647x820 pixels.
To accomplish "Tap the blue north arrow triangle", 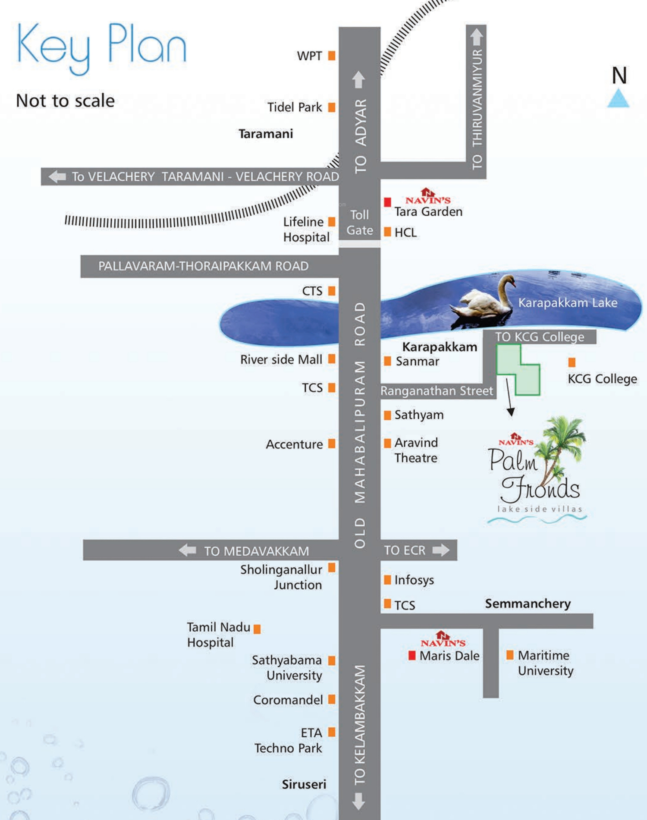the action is click(x=619, y=98).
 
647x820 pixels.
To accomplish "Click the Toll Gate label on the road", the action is click(x=360, y=223).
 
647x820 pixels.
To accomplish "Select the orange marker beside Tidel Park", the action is click(x=332, y=107).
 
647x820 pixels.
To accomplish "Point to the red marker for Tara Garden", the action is click(x=387, y=202).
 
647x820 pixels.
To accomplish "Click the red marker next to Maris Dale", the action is click(x=412, y=656).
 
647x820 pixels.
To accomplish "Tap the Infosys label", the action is click(x=414, y=580).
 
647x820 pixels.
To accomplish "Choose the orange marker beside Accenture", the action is click(x=332, y=443).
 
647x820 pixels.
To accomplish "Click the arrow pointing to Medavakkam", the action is click(x=187, y=550).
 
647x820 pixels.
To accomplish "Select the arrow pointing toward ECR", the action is click(x=441, y=550).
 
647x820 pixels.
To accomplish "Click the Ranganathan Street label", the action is click(x=437, y=391).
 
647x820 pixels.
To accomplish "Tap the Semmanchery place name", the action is click(x=528, y=603).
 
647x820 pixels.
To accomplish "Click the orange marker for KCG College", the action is click(x=572, y=362).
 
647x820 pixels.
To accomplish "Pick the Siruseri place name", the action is click(x=304, y=784).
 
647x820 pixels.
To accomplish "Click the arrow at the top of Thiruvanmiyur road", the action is click(x=476, y=37).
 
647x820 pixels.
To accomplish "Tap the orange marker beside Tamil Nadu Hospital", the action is click(x=257, y=629).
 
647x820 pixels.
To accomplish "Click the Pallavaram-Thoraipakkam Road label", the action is click(x=203, y=266).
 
